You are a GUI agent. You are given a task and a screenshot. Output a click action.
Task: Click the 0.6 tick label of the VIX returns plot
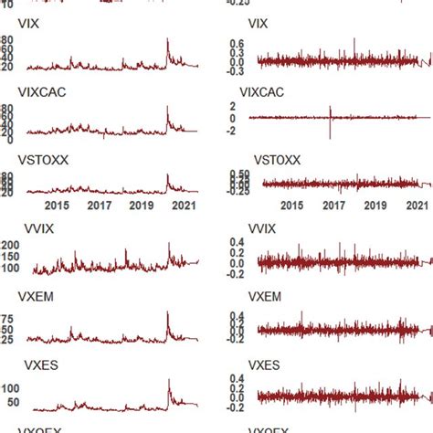pos(236,43)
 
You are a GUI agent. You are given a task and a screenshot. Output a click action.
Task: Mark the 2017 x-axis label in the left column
pos(100,206)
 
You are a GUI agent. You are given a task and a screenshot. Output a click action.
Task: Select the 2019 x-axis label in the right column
pos(374,206)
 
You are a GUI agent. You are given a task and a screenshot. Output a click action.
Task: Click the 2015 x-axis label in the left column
pos(57,206)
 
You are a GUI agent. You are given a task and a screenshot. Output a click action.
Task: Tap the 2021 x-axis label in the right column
pos(417,206)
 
